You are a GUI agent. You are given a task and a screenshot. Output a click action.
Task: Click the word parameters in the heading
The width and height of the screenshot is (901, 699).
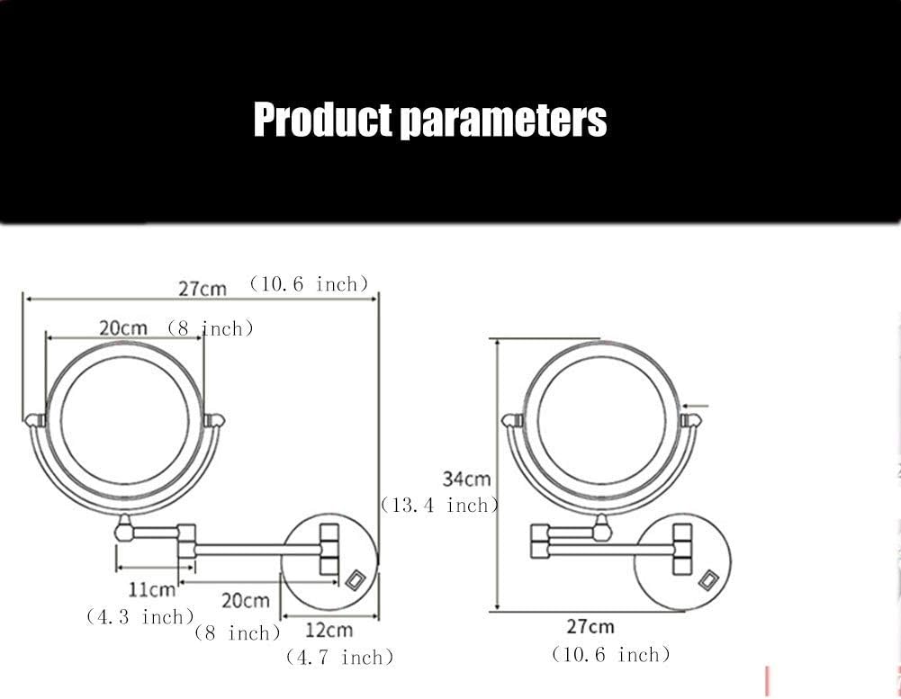503,121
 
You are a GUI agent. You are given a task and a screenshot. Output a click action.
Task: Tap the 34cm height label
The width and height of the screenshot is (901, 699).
466,479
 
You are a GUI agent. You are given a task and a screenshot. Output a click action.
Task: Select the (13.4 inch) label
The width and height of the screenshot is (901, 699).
439,505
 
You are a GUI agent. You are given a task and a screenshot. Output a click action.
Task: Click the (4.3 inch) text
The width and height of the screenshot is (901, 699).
140,617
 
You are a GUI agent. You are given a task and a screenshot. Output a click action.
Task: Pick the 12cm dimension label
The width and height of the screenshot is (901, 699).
329,630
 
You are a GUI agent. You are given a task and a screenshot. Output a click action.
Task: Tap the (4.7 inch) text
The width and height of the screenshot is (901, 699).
339,657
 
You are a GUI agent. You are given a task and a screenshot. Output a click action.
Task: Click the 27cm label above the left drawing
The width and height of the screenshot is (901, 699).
203,289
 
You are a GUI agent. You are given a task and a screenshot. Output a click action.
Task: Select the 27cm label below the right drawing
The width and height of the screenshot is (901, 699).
590,626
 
